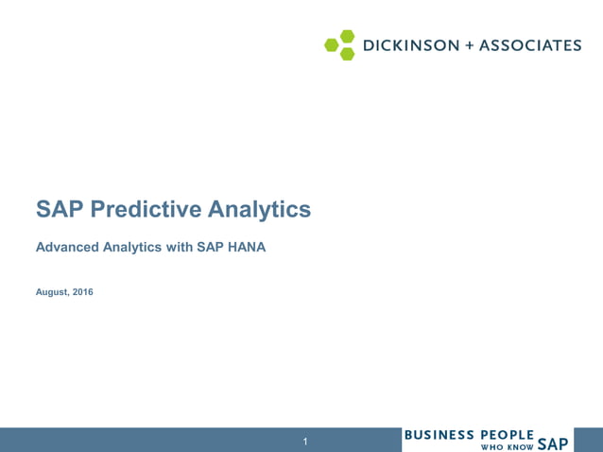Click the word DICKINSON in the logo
click(410, 44)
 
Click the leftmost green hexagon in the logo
click(332, 44)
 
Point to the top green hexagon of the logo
click(347, 36)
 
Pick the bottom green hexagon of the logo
click(347, 53)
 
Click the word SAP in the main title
click(60, 209)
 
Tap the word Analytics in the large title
click(259, 209)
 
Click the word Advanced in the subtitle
click(65, 248)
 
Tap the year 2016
click(83, 292)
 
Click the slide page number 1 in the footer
click(305, 442)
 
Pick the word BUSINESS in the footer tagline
click(439, 435)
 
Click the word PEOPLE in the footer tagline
click(508, 435)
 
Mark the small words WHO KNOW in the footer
click(508, 446)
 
